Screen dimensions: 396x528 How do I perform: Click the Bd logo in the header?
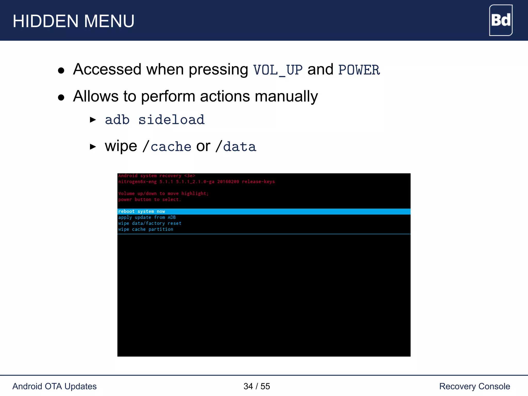pyautogui.click(x=500, y=20)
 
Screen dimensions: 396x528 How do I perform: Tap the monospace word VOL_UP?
pyautogui.click(x=278, y=70)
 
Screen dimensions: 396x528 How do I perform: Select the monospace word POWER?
pyautogui.click(x=359, y=70)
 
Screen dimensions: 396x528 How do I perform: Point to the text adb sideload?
pyautogui.click(x=155, y=120)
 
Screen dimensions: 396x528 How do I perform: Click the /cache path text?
pyautogui.click(x=167, y=146)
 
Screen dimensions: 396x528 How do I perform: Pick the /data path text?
pyautogui.click(x=236, y=146)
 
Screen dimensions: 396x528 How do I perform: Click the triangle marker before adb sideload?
pyautogui.click(x=93, y=120)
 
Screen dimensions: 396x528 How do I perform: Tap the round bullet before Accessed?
pyautogui.click(x=61, y=70)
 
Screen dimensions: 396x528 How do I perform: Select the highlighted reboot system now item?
pyautogui.click(x=142, y=211)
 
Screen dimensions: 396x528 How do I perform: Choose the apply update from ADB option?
pyautogui.click(x=147, y=217)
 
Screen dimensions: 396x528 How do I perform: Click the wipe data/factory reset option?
pyautogui.click(x=150, y=223)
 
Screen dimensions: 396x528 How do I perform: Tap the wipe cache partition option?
pyautogui.click(x=146, y=229)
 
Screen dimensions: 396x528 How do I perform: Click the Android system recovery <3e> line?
pyautogui.click(x=156, y=176)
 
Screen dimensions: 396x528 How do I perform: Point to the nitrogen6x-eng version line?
pyautogui.click(x=196, y=181)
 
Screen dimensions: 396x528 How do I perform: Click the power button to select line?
pyautogui.click(x=150, y=199)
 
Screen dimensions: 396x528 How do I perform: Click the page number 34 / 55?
pyautogui.click(x=257, y=386)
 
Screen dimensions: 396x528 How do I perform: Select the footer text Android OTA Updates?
pyautogui.click(x=54, y=386)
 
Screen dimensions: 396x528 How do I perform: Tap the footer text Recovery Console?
pyautogui.click(x=474, y=386)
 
